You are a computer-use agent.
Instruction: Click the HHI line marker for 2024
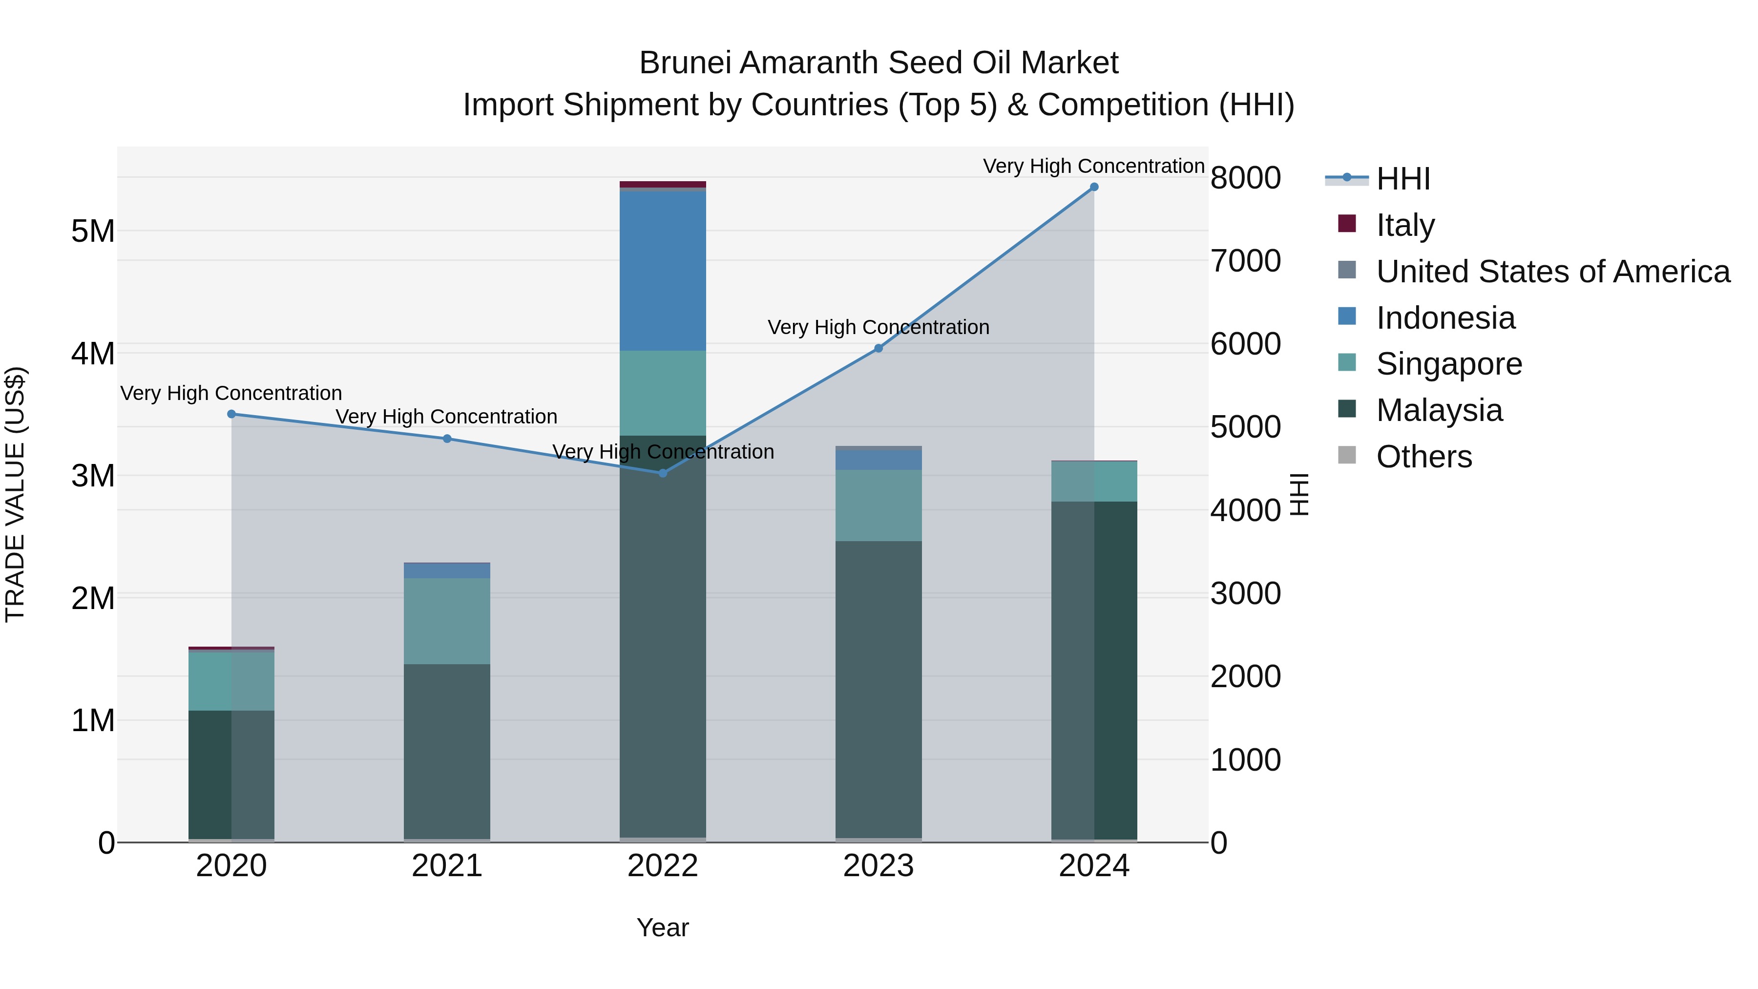tap(1094, 187)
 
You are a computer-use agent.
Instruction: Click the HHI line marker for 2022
tap(663, 473)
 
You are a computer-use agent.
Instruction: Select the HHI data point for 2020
tap(231, 414)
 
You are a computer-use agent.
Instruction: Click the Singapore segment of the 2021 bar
tap(447, 621)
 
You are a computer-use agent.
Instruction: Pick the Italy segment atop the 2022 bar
tap(663, 184)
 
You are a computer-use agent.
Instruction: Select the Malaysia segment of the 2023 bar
tap(879, 689)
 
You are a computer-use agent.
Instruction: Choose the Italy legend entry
tap(1404, 225)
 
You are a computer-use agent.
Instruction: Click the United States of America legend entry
tap(1552, 271)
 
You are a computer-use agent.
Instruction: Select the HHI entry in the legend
tap(1402, 179)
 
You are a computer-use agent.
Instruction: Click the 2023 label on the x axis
tap(879, 866)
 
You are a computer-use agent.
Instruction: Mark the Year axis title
tap(663, 927)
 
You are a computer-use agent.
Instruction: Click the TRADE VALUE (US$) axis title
tap(15, 494)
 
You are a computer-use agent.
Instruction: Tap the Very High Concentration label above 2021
tap(446, 416)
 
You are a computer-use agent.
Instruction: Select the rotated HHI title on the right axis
tap(1299, 494)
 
